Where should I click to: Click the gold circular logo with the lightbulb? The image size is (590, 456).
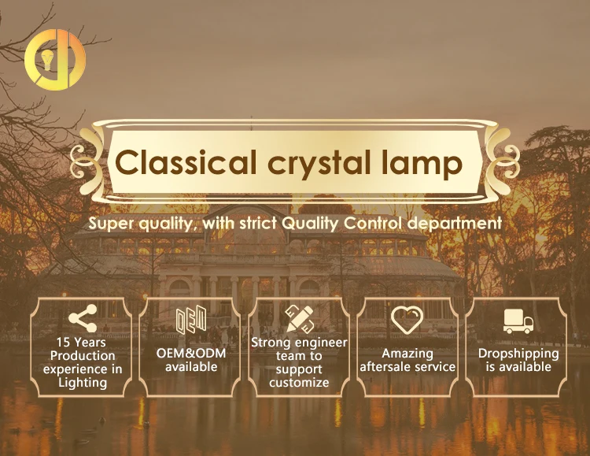point(55,59)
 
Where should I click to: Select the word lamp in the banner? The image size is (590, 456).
point(422,165)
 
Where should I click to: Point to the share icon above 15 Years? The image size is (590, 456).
point(83,318)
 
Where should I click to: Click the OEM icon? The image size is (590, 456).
point(191,320)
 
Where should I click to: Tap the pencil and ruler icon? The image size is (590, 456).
point(299,319)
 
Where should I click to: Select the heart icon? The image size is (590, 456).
point(407,320)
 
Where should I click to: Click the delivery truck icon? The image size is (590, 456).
point(518,321)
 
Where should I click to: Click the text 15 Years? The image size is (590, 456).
point(81,342)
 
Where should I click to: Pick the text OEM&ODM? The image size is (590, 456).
point(191,354)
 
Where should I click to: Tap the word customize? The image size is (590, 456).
point(299,383)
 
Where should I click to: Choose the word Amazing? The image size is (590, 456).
point(407,354)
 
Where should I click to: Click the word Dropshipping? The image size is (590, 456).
point(518,354)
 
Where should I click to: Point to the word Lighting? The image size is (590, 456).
point(83,383)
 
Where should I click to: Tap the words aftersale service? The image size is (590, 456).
point(407,367)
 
